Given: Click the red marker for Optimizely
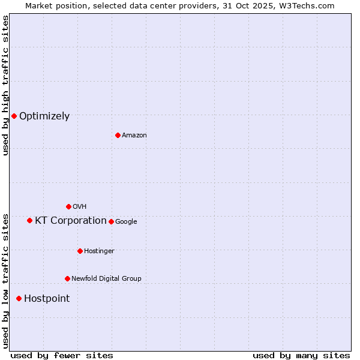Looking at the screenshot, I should [14, 116].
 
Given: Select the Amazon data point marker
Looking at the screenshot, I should [118, 135].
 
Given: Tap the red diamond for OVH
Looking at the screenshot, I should [68, 206].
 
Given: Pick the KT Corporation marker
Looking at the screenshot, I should [29, 220].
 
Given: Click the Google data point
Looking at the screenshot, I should [111, 221].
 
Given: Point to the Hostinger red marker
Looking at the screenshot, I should [80, 251].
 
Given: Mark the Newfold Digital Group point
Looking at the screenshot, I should [67, 278].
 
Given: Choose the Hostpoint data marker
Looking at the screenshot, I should [19, 298].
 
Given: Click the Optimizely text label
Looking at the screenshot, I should [44, 116].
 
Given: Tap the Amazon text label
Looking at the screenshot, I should [134, 136].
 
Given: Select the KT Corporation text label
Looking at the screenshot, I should [71, 221].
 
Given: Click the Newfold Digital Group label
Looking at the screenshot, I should [106, 279].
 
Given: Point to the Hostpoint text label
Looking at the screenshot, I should [47, 299].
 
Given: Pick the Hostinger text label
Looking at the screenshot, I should [99, 251].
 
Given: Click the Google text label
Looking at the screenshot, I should [126, 222].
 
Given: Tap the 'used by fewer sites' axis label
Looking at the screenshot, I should [62, 355].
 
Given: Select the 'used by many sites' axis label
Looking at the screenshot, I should [301, 355].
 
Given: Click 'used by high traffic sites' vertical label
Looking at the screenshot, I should [5, 85].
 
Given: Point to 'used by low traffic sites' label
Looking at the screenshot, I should [5, 281].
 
